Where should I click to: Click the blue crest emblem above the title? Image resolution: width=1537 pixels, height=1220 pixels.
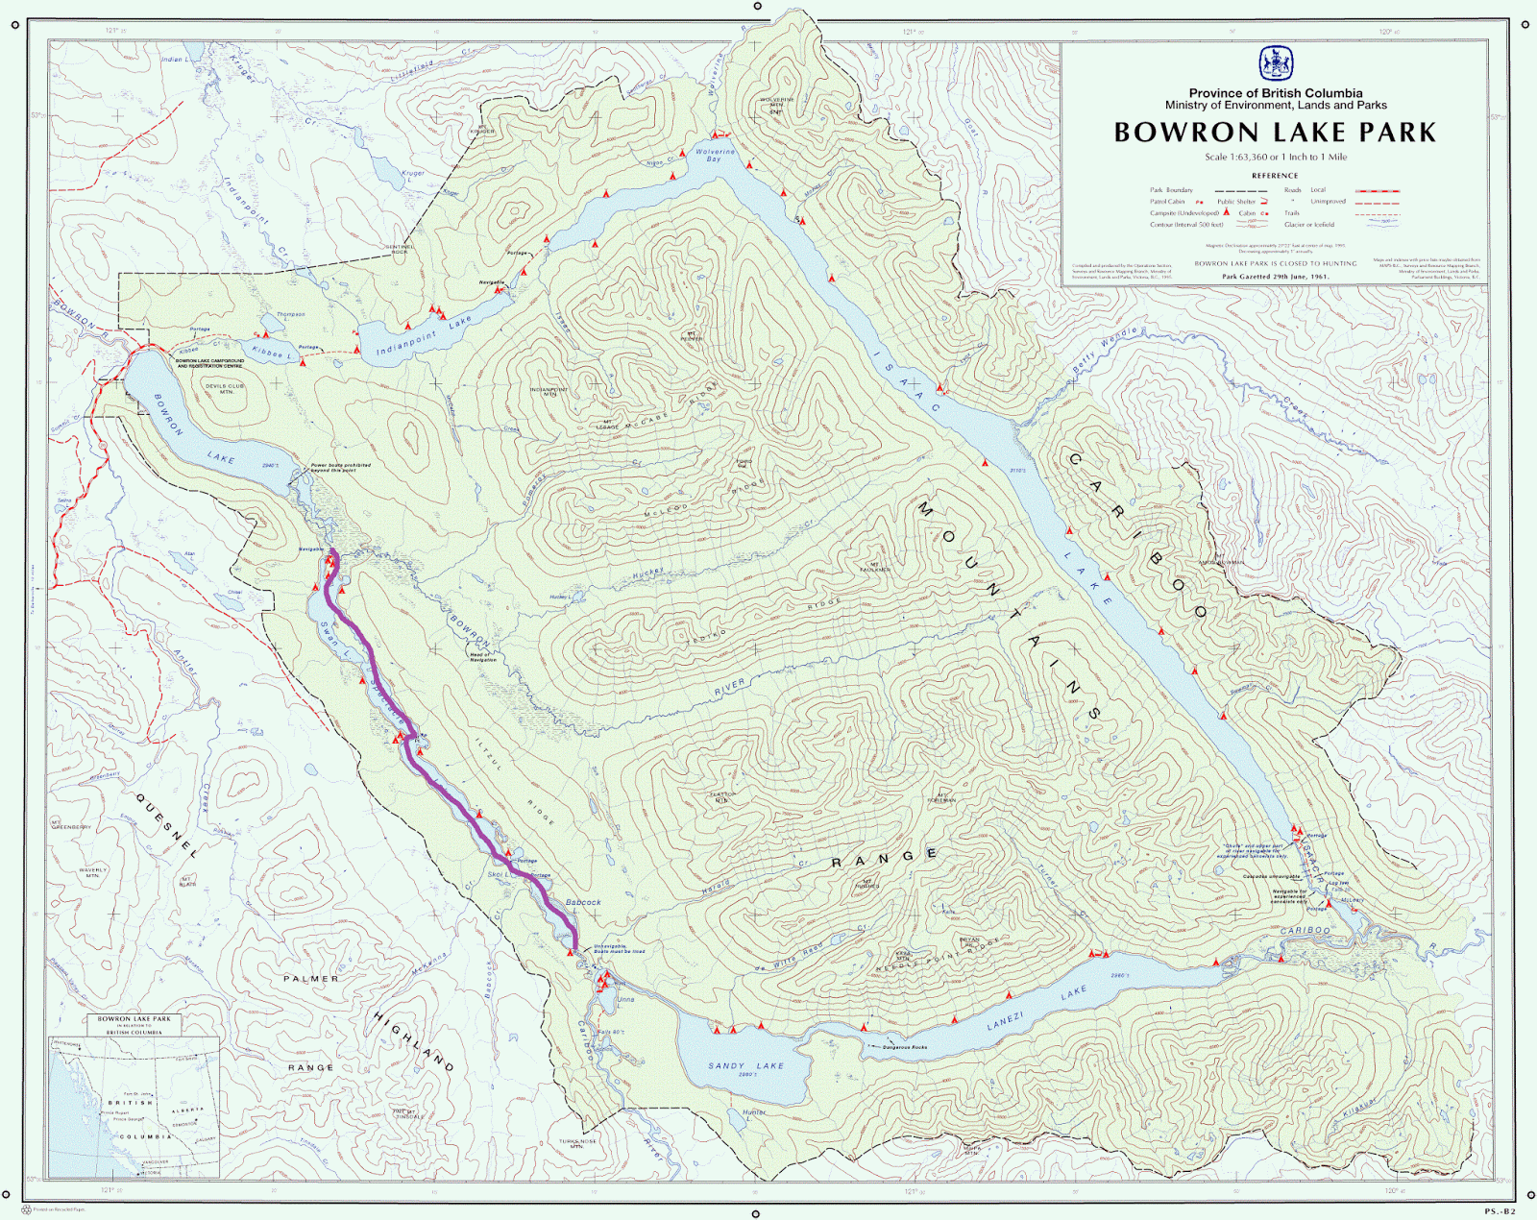point(1276,63)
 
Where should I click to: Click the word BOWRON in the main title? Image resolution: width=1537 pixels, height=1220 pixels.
point(1185,133)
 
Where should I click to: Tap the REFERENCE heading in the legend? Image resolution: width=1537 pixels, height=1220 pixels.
point(1275,176)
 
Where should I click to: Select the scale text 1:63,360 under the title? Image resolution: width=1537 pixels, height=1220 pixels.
point(1241,157)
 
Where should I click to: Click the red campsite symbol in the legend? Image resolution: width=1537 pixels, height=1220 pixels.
point(1227,213)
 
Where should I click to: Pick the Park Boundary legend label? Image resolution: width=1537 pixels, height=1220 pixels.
point(1171,190)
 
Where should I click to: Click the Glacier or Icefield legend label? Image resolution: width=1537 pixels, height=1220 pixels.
point(1308,225)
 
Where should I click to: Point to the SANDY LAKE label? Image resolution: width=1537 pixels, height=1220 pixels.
point(745,1065)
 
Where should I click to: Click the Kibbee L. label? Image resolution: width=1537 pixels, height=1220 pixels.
point(270,353)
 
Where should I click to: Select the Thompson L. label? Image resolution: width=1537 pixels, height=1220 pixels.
point(290,315)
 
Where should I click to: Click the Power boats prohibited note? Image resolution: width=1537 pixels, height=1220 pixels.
point(340,468)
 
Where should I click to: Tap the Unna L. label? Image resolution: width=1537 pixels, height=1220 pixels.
point(624,999)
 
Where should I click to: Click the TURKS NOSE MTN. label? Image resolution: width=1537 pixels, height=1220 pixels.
point(577,1143)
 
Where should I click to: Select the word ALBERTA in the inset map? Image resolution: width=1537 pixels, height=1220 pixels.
point(187,1110)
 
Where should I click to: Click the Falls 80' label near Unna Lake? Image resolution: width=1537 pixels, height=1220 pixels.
point(611,1032)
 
